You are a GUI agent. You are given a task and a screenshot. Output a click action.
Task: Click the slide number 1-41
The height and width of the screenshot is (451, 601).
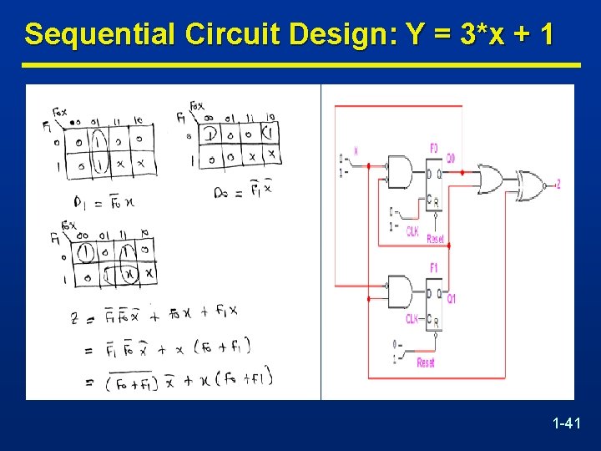(x=566, y=425)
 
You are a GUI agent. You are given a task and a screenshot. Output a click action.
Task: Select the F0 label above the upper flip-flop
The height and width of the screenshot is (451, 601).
(x=433, y=148)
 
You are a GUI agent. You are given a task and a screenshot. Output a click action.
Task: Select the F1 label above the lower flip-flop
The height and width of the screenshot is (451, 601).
(x=433, y=268)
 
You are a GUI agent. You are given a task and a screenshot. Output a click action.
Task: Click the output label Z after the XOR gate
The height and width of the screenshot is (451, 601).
(x=558, y=183)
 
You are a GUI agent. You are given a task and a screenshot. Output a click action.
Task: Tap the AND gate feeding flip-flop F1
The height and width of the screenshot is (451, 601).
(x=398, y=292)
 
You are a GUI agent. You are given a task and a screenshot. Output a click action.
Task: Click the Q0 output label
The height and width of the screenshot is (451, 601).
(x=451, y=158)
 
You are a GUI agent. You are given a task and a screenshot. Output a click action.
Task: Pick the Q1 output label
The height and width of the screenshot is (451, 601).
(x=451, y=298)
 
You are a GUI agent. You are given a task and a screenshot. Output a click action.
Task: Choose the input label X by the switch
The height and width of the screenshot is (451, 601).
(x=356, y=151)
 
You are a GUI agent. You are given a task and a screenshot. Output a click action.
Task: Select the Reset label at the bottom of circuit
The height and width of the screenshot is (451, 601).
(x=425, y=362)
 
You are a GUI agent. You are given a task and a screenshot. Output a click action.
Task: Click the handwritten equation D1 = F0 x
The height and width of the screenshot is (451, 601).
(x=94, y=201)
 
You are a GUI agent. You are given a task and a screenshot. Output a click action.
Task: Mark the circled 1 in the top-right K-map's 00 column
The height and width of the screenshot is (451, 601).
(x=210, y=134)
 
